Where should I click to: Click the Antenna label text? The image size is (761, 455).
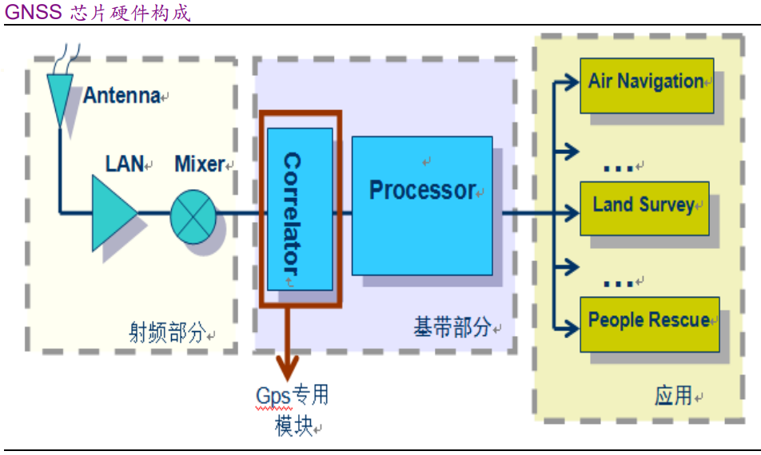pos(122,96)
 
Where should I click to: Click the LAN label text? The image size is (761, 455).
pos(124,164)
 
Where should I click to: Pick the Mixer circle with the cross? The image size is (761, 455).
pos(193,213)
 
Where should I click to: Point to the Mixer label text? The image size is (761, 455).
pos(200,164)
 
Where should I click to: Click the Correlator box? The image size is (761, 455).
pos(300,209)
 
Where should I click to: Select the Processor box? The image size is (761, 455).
pos(421,205)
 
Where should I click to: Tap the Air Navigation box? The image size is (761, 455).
pos(646,84)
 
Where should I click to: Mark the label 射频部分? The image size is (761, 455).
pos(168,332)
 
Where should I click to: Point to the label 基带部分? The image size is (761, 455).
pos(452,327)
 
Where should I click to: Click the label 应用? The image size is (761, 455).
pos(672,395)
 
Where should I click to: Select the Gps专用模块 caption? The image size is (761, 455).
pos(293,409)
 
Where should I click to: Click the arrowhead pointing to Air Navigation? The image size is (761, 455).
pos(572,81)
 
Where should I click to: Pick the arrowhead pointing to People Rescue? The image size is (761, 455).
pos(572,326)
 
